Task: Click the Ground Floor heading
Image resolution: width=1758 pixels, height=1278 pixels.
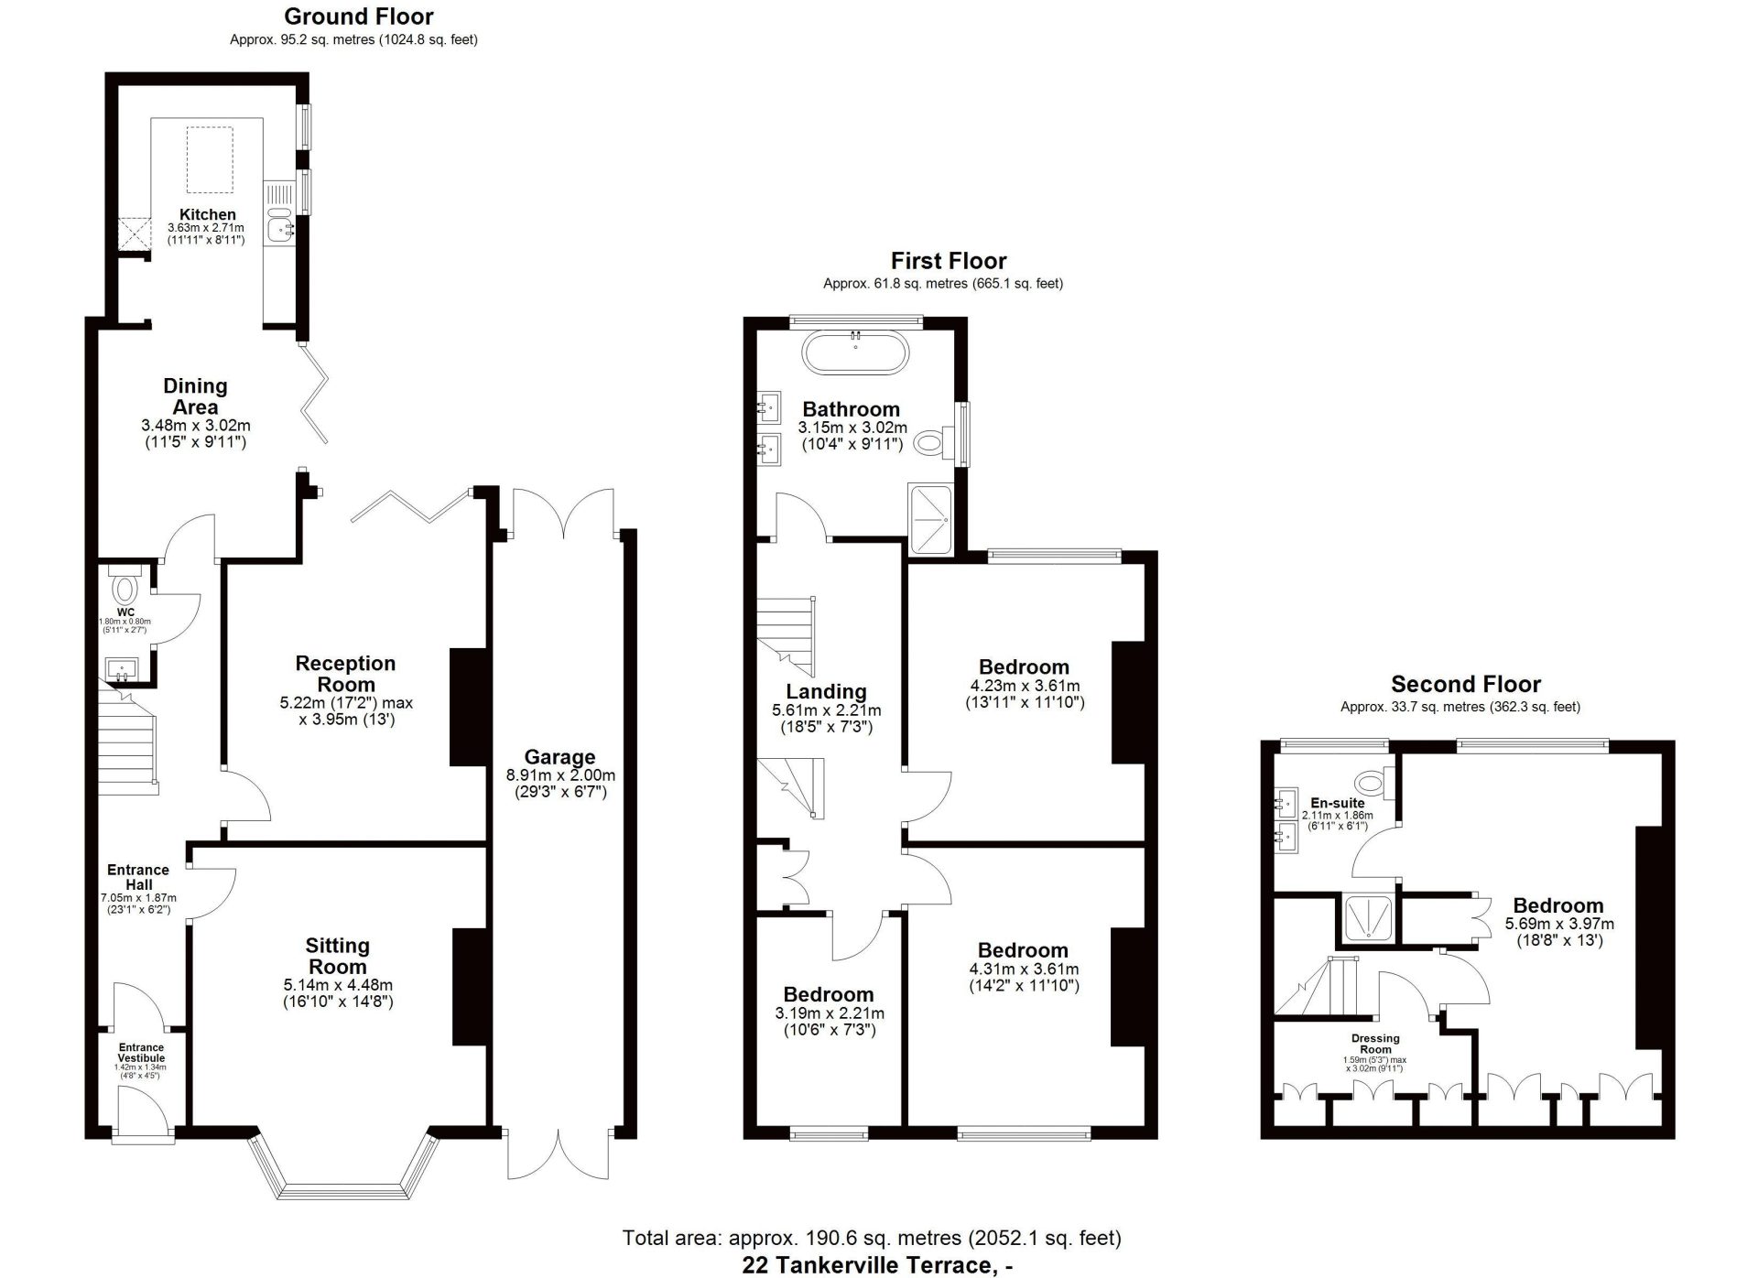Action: click(x=359, y=16)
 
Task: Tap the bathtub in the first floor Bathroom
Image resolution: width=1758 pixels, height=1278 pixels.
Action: click(x=855, y=352)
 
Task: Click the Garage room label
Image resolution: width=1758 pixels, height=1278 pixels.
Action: click(x=559, y=757)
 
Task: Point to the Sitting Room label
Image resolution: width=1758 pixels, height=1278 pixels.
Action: click(x=337, y=956)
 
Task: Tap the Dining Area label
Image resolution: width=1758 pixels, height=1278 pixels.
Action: click(x=195, y=396)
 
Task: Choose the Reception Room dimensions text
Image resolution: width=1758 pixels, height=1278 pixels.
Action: click(x=346, y=711)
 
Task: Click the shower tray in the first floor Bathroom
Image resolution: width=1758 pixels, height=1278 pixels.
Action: click(x=930, y=518)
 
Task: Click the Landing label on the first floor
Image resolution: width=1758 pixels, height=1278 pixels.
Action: click(x=826, y=691)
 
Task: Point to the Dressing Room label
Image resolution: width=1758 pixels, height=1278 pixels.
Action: click(x=1375, y=1044)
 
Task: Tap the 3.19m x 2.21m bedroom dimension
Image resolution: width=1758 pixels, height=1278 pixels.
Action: click(x=830, y=1021)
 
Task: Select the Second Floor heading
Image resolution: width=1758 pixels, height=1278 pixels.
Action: click(x=1466, y=684)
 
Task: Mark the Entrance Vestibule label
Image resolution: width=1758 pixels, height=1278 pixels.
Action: click(x=141, y=1053)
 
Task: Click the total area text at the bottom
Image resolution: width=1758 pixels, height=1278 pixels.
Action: click(x=872, y=1238)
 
